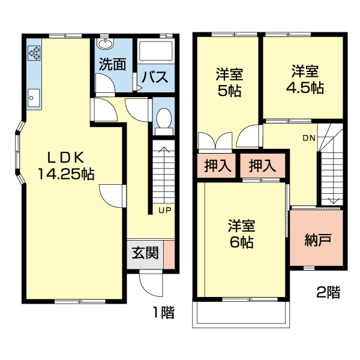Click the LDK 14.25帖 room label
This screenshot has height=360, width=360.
pyautogui.click(x=66, y=166)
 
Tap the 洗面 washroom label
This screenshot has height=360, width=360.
pyautogui.click(x=112, y=65)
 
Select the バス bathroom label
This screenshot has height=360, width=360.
pyautogui.click(x=154, y=77)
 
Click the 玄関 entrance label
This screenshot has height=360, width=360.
pyautogui.click(x=145, y=253)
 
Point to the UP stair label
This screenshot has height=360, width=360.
pyautogui.click(x=165, y=210)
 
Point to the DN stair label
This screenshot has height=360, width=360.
pyautogui.click(x=308, y=138)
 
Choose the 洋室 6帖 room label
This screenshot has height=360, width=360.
pyautogui.click(x=242, y=234)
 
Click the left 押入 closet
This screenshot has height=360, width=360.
pyautogui.click(x=217, y=166)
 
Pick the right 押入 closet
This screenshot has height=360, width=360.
pyautogui.click(x=262, y=166)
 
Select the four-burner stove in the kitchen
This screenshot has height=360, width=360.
pyautogui.click(x=34, y=53)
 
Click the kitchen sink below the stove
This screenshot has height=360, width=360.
pyautogui.click(x=34, y=97)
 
